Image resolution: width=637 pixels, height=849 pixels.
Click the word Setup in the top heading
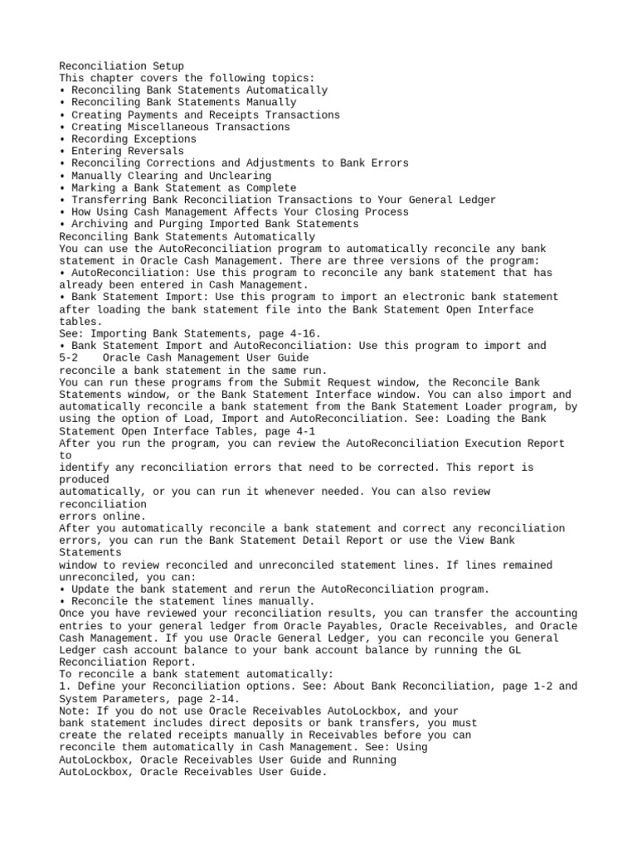point(167,65)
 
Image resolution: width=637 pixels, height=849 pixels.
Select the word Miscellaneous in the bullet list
point(167,127)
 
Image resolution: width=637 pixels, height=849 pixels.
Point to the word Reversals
point(154,151)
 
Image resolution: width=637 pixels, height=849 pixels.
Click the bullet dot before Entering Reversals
point(63,151)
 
